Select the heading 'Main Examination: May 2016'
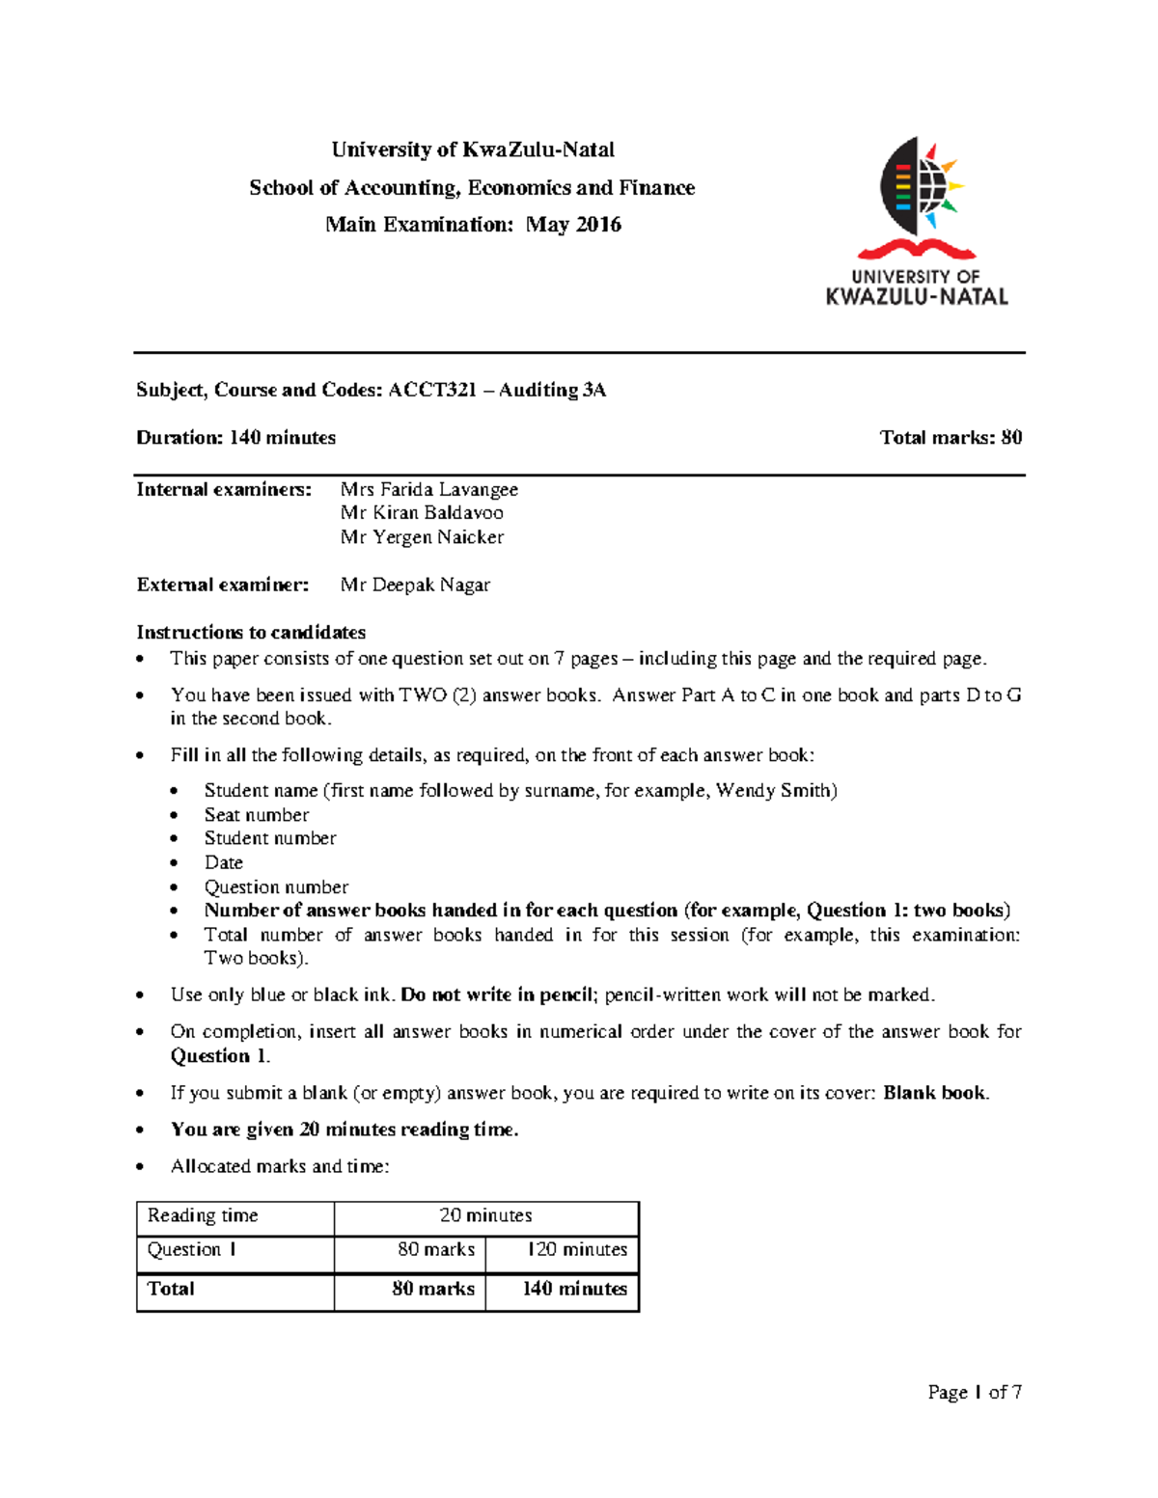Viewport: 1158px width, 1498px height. point(473,225)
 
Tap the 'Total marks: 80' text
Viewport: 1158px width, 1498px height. point(950,438)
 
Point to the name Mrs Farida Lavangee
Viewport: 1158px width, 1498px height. point(428,489)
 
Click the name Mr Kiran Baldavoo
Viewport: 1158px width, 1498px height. point(422,513)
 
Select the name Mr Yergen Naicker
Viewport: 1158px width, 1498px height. point(422,537)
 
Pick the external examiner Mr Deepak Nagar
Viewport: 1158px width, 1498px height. point(415,585)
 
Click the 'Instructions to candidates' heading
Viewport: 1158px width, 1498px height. point(251,632)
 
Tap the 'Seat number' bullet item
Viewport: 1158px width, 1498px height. point(257,814)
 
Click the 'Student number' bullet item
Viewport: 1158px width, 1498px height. point(270,838)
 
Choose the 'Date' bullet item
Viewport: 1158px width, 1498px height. point(223,862)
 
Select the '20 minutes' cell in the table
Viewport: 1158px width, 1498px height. point(485,1215)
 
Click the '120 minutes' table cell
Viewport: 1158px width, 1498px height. point(576,1250)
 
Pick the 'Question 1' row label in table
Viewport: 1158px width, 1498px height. point(192,1250)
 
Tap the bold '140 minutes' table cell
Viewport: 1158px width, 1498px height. point(574,1289)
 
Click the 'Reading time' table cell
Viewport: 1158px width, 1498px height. point(203,1215)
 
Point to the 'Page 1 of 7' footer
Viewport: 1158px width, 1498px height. point(974,1392)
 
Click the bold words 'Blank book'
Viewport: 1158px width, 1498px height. point(933,1093)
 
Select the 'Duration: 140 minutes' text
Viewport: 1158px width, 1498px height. point(235,438)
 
